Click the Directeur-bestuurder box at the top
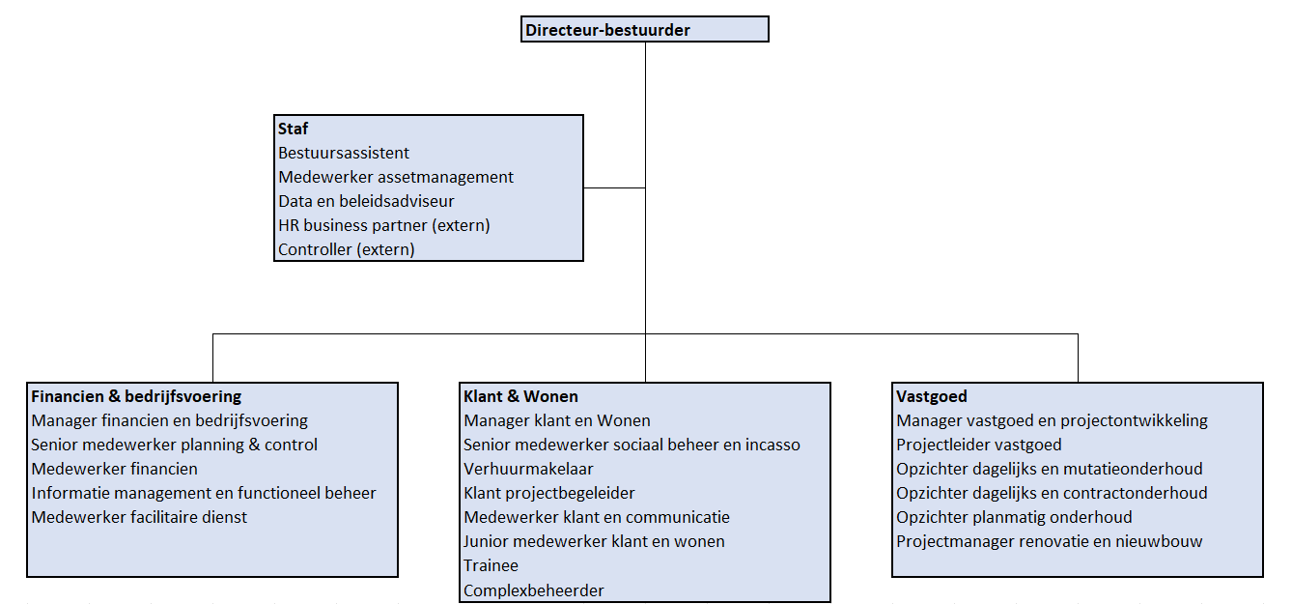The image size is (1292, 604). pos(644,29)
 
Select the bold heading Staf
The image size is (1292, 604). pos(293,129)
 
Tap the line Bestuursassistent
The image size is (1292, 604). pos(344,153)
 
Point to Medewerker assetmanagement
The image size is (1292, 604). pos(396,177)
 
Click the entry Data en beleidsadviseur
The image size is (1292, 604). pos(366,201)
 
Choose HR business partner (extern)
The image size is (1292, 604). pos(384,225)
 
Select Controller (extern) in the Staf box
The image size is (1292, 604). pos(347,249)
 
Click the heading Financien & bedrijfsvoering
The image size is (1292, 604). pos(136,396)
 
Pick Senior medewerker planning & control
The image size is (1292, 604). pos(174,445)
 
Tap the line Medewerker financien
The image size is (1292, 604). pos(114,469)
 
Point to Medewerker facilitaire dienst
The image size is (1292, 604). pos(139,517)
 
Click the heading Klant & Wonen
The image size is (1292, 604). pos(520,396)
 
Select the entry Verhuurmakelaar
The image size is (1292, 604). pos(528,469)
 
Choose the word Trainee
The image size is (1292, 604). pos(491,565)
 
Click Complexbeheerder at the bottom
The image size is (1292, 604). pos(534,590)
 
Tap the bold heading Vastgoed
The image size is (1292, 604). pos(932,396)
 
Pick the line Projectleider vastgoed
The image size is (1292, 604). pos(979,445)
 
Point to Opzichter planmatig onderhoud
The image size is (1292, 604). pos(1014,517)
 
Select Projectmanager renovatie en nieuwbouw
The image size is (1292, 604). pos(1050,541)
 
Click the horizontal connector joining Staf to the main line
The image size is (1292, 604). pos(614,187)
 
